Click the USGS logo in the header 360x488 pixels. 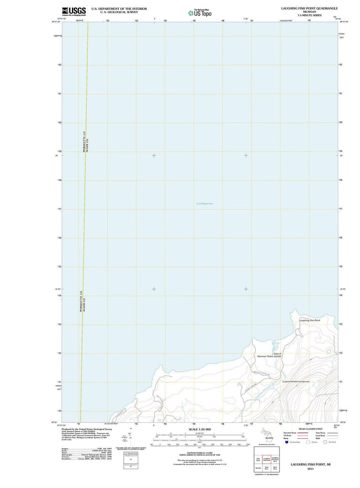[x=74, y=11]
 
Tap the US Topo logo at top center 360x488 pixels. [x=200, y=13]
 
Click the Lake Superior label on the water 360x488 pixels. [x=205, y=203]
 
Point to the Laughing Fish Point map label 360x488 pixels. [x=309, y=320]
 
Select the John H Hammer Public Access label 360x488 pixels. [x=269, y=355]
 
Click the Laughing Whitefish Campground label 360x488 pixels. [x=296, y=382]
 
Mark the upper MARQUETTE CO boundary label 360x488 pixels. [x=84, y=142]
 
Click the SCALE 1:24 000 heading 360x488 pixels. [x=200, y=429]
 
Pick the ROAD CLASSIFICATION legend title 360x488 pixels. [x=310, y=429]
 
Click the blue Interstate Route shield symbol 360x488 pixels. [x=287, y=442]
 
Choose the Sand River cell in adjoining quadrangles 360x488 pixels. [x=267, y=468]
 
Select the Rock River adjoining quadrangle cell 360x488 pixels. [x=275, y=468]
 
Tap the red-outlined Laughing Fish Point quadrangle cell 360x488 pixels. [x=267, y=460]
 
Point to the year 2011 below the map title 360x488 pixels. [x=310, y=469]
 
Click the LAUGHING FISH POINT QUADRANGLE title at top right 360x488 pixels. [x=309, y=8]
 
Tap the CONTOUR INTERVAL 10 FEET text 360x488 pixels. [x=200, y=453]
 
